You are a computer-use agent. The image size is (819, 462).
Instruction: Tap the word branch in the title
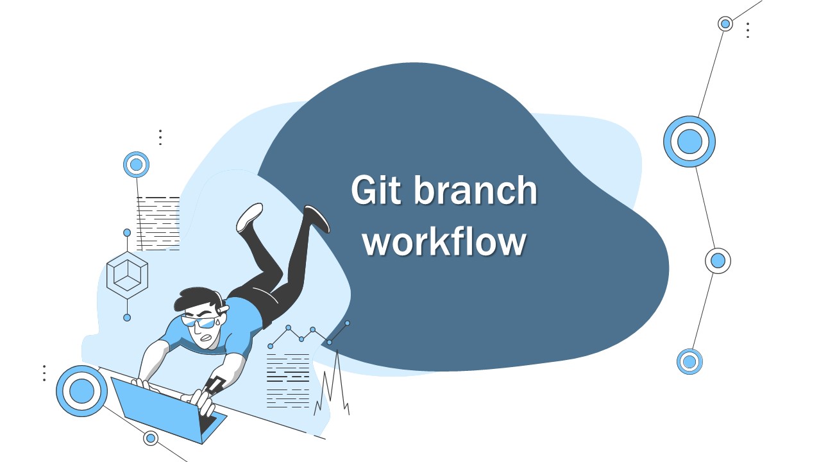pyautogui.click(x=474, y=191)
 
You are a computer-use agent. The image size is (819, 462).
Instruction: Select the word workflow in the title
pyautogui.click(x=445, y=242)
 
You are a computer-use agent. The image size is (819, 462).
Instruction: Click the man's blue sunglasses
pyautogui.click(x=200, y=321)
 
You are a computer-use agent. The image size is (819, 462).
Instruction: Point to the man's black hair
pyautogui.click(x=195, y=300)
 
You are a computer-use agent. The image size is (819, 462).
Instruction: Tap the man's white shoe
pyautogui.click(x=249, y=217)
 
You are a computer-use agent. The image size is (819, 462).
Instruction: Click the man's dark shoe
pyautogui.click(x=317, y=218)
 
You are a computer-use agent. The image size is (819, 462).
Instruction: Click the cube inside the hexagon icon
pyautogui.click(x=127, y=275)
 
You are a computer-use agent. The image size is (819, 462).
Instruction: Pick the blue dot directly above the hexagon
pyautogui.click(x=127, y=232)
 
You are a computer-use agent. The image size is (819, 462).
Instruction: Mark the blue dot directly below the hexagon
pyautogui.click(x=127, y=318)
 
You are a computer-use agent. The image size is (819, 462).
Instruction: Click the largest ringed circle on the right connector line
pyautogui.click(x=689, y=141)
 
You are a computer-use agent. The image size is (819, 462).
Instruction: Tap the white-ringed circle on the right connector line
pyautogui.click(x=718, y=261)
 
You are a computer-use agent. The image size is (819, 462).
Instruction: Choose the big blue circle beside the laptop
pyautogui.click(x=81, y=391)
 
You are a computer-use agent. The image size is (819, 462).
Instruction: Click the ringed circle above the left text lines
pyautogui.click(x=136, y=165)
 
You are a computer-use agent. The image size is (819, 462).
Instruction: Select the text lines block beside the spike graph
pyautogui.click(x=287, y=380)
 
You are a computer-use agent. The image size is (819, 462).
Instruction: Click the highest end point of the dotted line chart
pyautogui.click(x=348, y=323)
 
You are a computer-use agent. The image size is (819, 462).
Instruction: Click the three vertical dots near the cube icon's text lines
pyautogui.click(x=160, y=137)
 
